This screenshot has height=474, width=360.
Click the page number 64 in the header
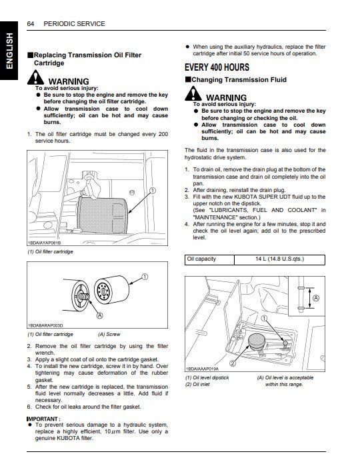coord(31,23)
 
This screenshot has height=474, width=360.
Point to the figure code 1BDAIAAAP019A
coord(204,368)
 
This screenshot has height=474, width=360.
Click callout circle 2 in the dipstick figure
coord(233,363)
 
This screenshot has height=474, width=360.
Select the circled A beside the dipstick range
coord(316,299)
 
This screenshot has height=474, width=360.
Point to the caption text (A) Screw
coord(111,334)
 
